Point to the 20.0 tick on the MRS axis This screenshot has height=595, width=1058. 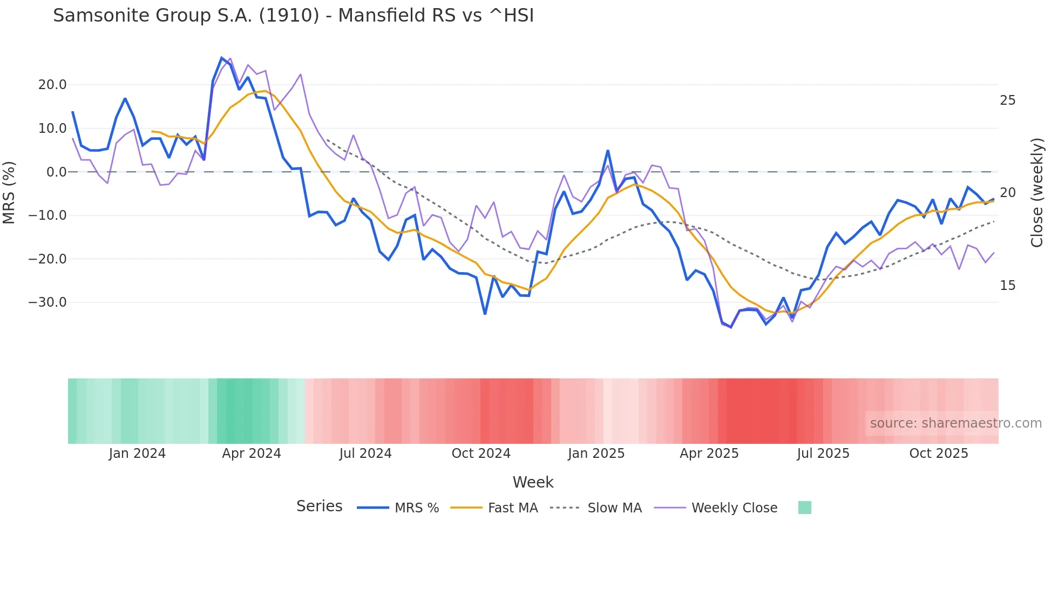[52, 85]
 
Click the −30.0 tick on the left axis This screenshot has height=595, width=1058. [48, 302]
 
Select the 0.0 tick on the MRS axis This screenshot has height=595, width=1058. [57, 172]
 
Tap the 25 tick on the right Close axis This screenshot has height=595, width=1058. [1007, 100]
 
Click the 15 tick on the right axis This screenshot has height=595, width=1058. [1007, 286]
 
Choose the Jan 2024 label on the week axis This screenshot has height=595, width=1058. [137, 454]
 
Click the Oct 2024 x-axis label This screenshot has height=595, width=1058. [481, 454]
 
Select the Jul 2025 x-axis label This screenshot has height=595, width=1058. [823, 454]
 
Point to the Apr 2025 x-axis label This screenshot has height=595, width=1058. [709, 454]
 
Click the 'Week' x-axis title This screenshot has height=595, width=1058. [533, 482]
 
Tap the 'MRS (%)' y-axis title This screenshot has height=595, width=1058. [9, 192]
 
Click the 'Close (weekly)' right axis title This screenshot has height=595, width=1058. [1037, 193]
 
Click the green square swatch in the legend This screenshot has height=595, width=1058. [804, 508]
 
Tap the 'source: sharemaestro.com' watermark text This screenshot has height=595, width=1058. [955, 423]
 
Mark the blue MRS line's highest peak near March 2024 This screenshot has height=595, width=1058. [222, 58]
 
